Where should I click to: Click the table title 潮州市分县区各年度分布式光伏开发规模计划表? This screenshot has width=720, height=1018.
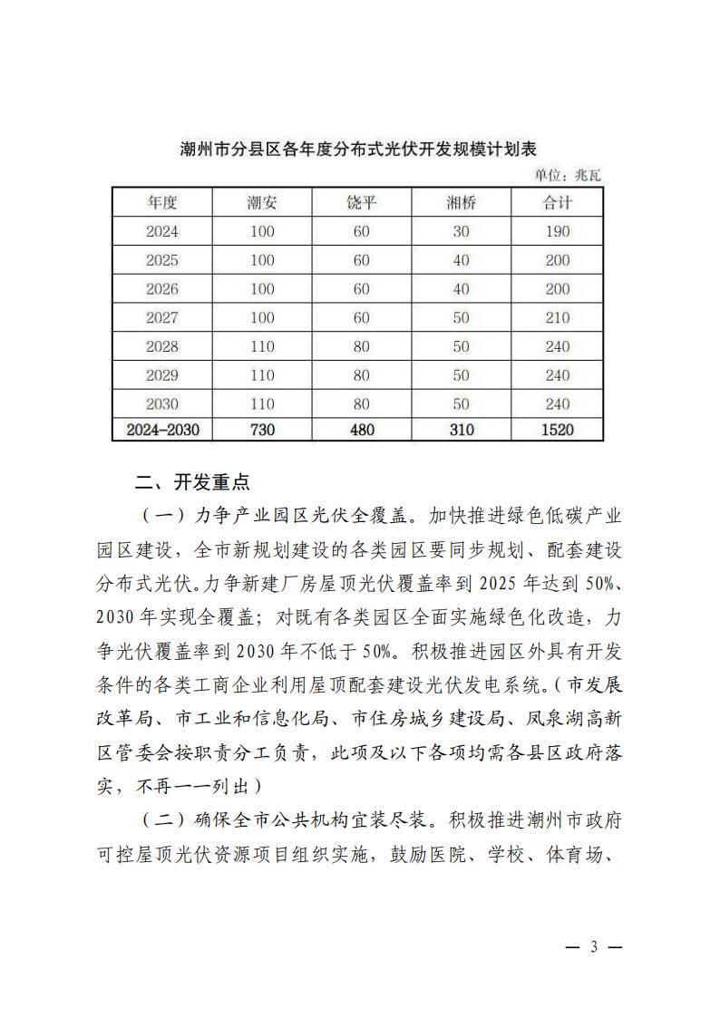coord(359,149)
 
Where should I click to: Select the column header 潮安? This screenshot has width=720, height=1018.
coord(262,202)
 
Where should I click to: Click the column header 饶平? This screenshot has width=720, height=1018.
coord(361,202)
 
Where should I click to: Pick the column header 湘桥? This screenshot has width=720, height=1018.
coord(461,202)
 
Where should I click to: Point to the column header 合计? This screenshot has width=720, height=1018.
coord(558,202)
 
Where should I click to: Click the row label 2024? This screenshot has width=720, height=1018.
coord(162,231)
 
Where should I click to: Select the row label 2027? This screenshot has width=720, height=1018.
coord(162,317)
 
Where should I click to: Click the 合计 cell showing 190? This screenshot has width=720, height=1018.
coord(558,231)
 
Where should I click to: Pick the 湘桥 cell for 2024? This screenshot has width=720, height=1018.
coord(461,231)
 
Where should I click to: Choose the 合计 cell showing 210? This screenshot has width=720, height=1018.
coord(558,317)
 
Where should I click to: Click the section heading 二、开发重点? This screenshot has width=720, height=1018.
coord(191,480)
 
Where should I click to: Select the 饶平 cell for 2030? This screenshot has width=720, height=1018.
coord(361,403)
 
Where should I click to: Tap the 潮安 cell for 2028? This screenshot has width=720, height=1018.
coord(262,346)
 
